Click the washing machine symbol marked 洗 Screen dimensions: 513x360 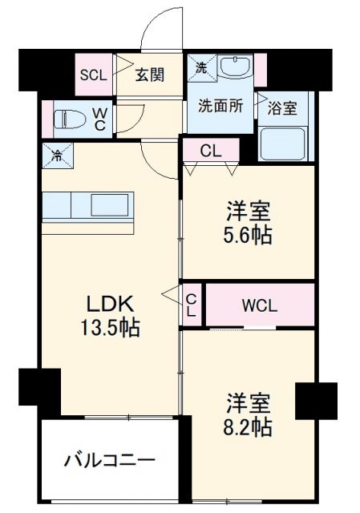point(202,68)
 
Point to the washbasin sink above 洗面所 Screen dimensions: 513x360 point(234,70)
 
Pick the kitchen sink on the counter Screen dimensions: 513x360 point(107,206)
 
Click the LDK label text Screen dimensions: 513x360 point(111,305)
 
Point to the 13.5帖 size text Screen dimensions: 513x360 point(111,329)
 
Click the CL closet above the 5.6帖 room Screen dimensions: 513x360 point(211,150)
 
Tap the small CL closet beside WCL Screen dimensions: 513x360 point(191,305)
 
